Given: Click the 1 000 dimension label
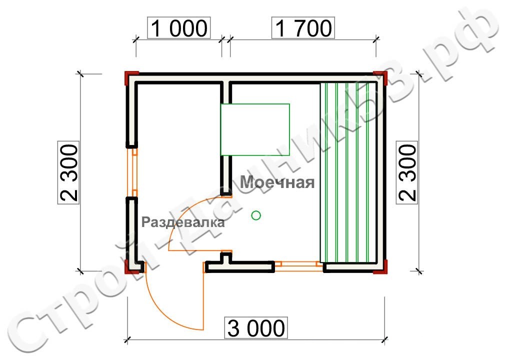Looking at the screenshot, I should coord(177,28).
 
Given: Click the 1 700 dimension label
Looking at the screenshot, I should coord(302,28).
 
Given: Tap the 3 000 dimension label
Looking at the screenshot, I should coord(256,328).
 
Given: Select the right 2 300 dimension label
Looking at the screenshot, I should coord(407,172).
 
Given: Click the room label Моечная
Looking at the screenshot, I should coord(277,182).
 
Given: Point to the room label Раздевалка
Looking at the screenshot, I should coord(183,223).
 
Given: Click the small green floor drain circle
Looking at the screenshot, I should coord(256,215).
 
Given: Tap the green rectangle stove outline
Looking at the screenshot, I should coord(255,129).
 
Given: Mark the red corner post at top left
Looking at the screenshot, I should coord(131,78).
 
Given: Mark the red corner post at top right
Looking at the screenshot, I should coord(381,77).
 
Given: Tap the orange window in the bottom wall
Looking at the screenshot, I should coord(299,264).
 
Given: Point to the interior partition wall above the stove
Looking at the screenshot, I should coord(226,92).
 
